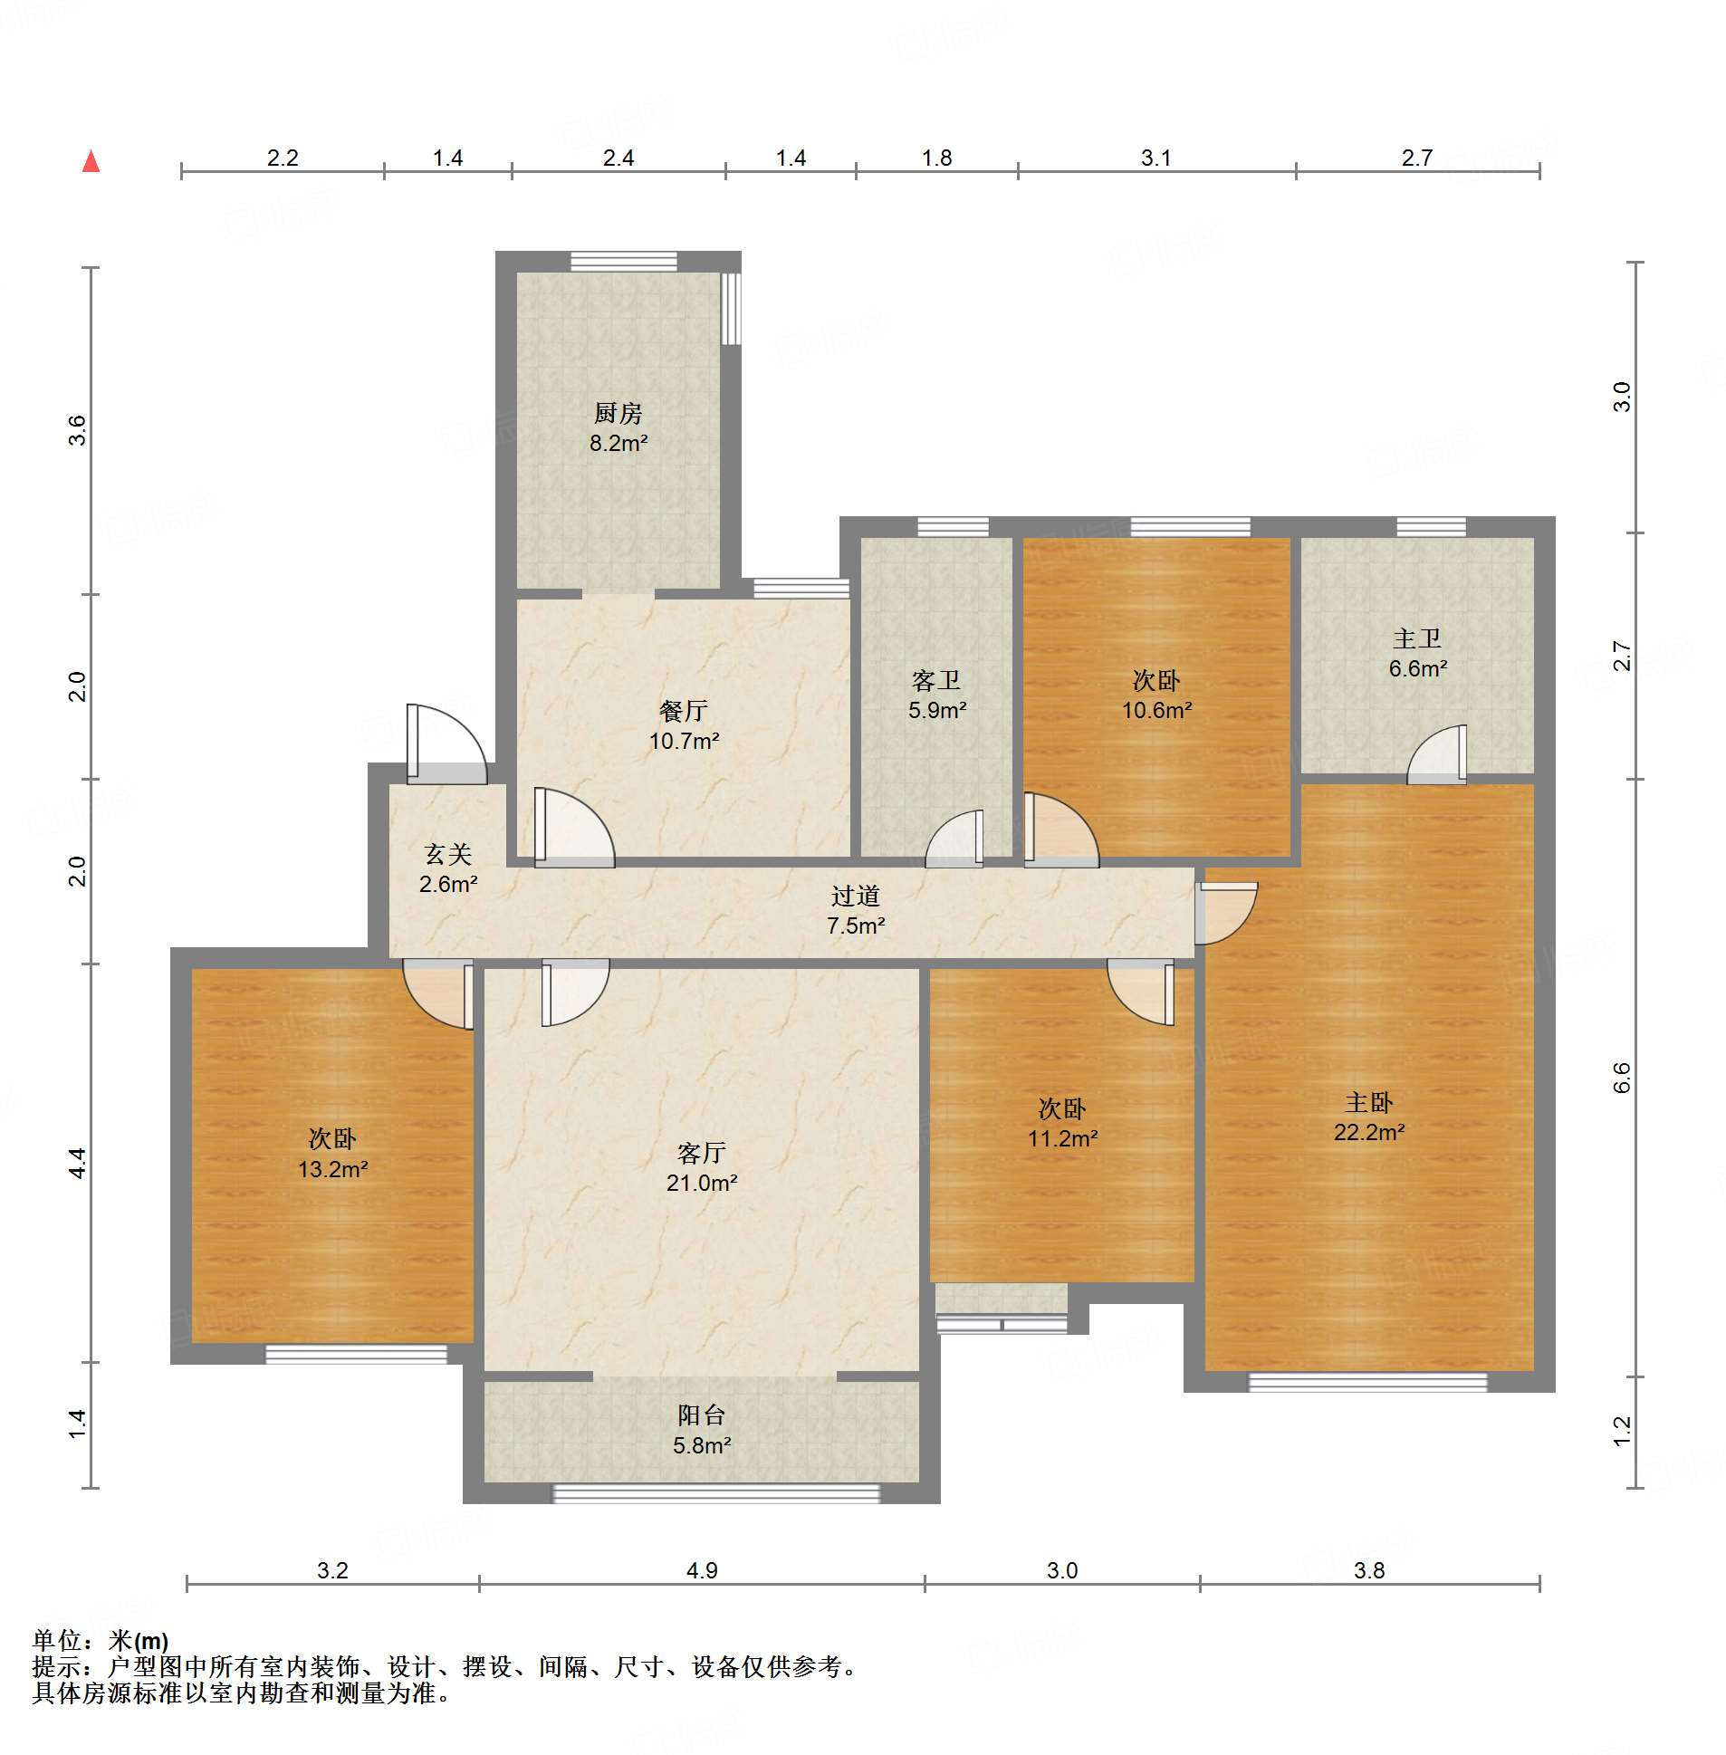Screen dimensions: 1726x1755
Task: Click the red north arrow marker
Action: tap(91, 161)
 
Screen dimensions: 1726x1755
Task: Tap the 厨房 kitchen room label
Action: tap(618, 413)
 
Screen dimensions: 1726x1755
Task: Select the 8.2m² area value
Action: tap(618, 444)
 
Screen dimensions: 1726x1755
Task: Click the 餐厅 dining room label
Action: tap(684, 711)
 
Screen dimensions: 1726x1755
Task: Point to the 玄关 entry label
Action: tap(448, 854)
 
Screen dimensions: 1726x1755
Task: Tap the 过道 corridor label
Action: tap(856, 896)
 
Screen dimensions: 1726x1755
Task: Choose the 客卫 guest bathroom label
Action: tap(936, 680)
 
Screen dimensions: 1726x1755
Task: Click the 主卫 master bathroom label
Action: tap(1417, 638)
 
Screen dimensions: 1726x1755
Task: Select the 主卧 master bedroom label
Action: tap(1369, 1102)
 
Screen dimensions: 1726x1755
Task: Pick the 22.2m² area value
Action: tap(1369, 1132)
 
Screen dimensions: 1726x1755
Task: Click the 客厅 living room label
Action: tap(702, 1153)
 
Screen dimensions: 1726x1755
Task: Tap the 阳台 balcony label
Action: tap(702, 1415)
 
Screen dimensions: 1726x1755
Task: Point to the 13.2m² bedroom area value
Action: tap(332, 1169)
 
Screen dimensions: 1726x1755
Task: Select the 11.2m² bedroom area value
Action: tap(1062, 1138)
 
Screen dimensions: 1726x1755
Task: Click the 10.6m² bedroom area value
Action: tap(1156, 711)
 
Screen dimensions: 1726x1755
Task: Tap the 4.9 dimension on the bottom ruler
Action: tap(702, 1570)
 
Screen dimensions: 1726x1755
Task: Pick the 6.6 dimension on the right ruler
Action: tap(1622, 1078)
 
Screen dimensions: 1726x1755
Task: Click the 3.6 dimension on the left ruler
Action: tap(77, 429)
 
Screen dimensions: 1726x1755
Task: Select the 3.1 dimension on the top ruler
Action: tap(1155, 158)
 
